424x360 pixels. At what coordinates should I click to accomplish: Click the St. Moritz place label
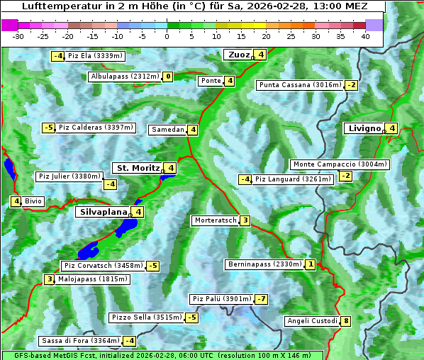(x=138, y=168)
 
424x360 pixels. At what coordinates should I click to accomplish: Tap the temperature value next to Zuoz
(x=261, y=55)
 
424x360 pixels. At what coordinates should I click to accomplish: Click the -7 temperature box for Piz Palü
(x=262, y=299)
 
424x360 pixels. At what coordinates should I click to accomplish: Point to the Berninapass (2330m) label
(x=264, y=264)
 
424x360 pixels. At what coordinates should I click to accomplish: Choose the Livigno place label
(x=364, y=128)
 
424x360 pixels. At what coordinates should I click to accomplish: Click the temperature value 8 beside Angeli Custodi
(x=345, y=321)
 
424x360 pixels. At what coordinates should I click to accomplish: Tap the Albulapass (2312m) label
(x=125, y=77)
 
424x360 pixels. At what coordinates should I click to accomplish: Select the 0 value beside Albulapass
(x=168, y=77)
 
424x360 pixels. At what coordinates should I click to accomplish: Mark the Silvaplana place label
(x=103, y=211)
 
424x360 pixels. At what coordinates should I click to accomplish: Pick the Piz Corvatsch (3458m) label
(x=103, y=266)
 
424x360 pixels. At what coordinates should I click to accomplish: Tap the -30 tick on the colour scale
(x=18, y=35)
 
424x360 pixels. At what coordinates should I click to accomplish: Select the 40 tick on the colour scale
(x=365, y=35)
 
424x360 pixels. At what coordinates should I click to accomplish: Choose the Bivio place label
(x=33, y=201)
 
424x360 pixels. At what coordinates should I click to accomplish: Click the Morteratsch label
(x=215, y=220)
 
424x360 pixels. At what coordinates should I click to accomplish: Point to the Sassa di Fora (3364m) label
(x=80, y=341)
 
